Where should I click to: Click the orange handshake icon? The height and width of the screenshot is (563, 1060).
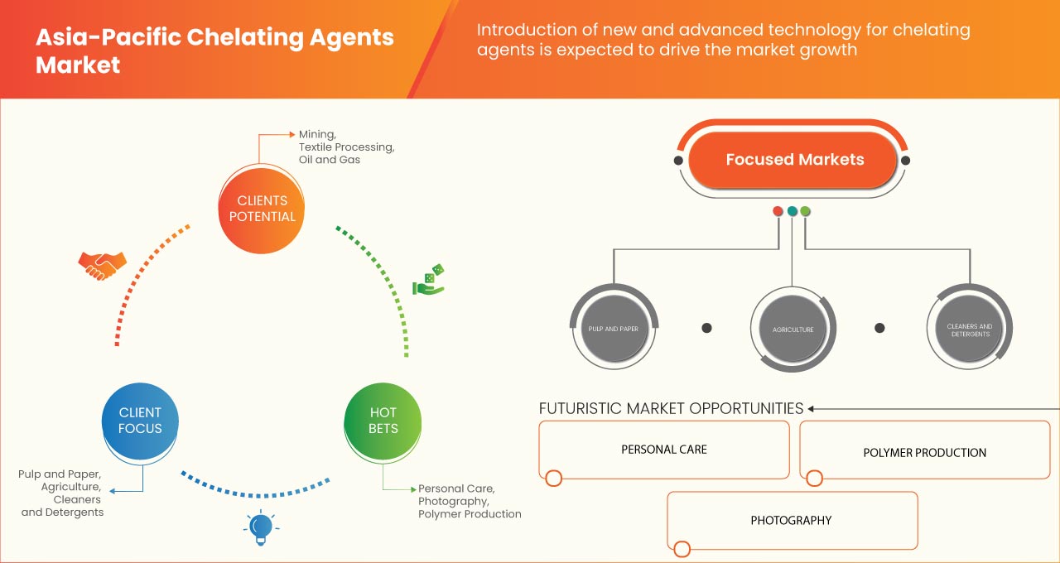tap(102, 265)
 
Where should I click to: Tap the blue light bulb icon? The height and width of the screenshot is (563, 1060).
tap(261, 527)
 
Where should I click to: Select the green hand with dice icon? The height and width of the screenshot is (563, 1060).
tap(428, 281)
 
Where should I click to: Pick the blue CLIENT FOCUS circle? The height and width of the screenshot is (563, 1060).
tap(140, 421)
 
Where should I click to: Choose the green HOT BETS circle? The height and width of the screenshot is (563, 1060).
tap(383, 421)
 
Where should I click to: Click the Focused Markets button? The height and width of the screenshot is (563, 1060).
tap(794, 160)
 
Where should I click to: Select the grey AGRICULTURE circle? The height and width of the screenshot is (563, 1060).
tap(793, 330)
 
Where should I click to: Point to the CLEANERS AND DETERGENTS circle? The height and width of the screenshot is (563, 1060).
tap(970, 330)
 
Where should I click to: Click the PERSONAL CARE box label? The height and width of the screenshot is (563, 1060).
tap(664, 450)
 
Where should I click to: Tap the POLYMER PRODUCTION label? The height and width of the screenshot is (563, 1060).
tap(924, 453)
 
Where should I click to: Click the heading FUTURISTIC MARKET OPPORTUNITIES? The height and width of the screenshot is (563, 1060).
tap(671, 408)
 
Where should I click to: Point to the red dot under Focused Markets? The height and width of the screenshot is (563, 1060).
tap(778, 211)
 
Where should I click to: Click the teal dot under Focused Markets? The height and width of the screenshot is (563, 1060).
tap(792, 211)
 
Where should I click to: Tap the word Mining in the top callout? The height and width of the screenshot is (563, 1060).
tap(317, 134)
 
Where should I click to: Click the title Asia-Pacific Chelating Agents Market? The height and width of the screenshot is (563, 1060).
tap(214, 51)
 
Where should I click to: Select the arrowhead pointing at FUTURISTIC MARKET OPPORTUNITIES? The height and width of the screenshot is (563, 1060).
tap(812, 408)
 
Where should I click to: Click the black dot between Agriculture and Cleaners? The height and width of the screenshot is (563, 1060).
tap(880, 328)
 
